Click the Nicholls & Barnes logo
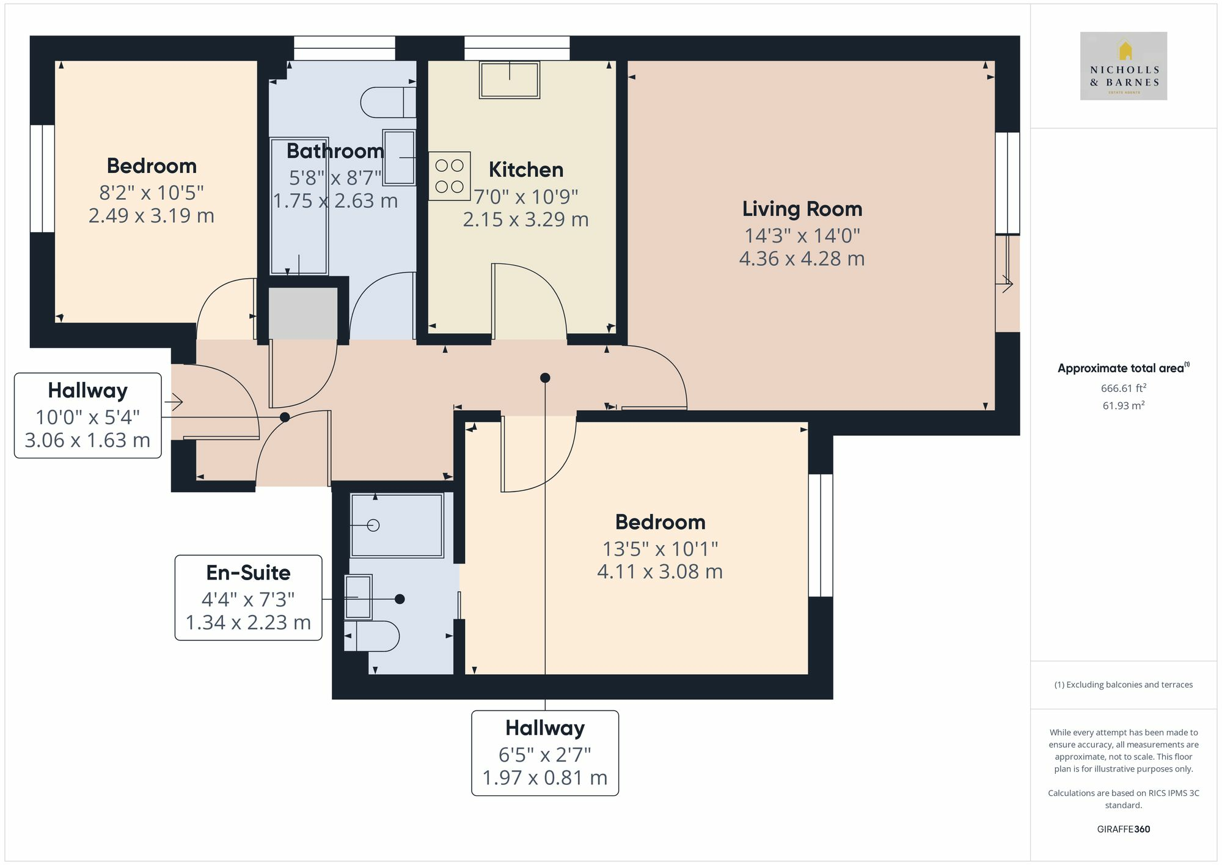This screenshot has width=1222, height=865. pyautogui.click(x=1123, y=66)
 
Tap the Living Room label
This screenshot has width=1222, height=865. pyautogui.click(x=802, y=209)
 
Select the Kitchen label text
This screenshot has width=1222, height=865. pyautogui.click(x=525, y=170)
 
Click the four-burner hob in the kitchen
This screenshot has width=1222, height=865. pyautogui.click(x=449, y=176)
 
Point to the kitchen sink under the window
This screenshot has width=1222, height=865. pyautogui.click(x=509, y=80)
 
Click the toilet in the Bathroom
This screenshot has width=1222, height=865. pyautogui.click(x=387, y=102)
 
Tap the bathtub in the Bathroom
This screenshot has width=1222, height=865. pyautogui.click(x=299, y=206)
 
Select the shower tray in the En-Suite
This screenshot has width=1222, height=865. pyautogui.click(x=397, y=525)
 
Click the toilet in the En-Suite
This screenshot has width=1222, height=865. pyautogui.click(x=372, y=636)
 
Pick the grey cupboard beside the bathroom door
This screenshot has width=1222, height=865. pyautogui.click(x=303, y=313)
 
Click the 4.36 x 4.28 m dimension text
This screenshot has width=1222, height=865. pyautogui.click(x=802, y=259)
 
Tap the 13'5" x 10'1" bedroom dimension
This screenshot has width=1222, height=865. pyautogui.click(x=660, y=549)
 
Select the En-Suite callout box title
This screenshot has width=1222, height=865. pyautogui.click(x=248, y=573)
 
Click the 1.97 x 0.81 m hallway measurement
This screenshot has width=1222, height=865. pyautogui.click(x=544, y=778)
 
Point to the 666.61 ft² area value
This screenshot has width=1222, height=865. pyautogui.click(x=1123, y=388)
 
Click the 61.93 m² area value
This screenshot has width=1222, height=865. pyautogui.click(x=1123, y=405)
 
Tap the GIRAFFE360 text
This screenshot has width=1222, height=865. pyautogui.click(x=1123, y=829)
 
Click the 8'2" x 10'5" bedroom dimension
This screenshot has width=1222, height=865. pyautogui.click(x=151, y=193)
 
